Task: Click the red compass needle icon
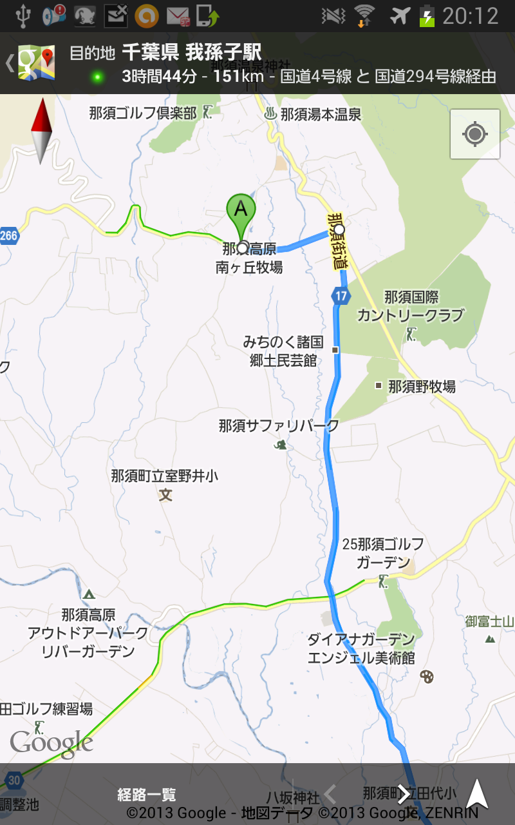click(41, 131)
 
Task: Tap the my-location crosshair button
click(475, 134)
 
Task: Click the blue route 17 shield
click(341, 296)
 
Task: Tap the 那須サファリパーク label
click(279, 425)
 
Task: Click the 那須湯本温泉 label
click(321, 115)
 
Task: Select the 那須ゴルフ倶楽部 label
click(142, 113)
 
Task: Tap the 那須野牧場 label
click(422, 386)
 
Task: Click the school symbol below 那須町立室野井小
click(166, 495)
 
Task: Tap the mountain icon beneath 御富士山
click(490, 639)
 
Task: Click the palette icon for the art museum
click(426, 676)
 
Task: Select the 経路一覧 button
click(147, 795)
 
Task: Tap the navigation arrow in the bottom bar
click(477, 793)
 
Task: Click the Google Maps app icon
click(36, 63)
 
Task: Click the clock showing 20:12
click(471, 15)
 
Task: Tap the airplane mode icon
click(400, 15)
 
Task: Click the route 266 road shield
click(8, 235)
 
